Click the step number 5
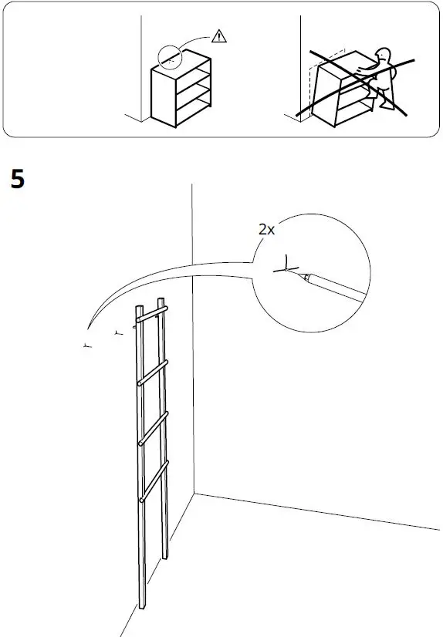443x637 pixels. coord(18,180)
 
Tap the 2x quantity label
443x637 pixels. coord(267,229)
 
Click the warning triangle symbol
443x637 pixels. coord(220,35)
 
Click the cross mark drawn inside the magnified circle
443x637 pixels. coord(286,269)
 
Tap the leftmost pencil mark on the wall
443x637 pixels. coord(86,345)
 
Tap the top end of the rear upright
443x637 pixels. coord(161,300)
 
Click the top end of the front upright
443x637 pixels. coord(140,309)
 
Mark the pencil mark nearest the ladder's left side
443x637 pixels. coord(117,333)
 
